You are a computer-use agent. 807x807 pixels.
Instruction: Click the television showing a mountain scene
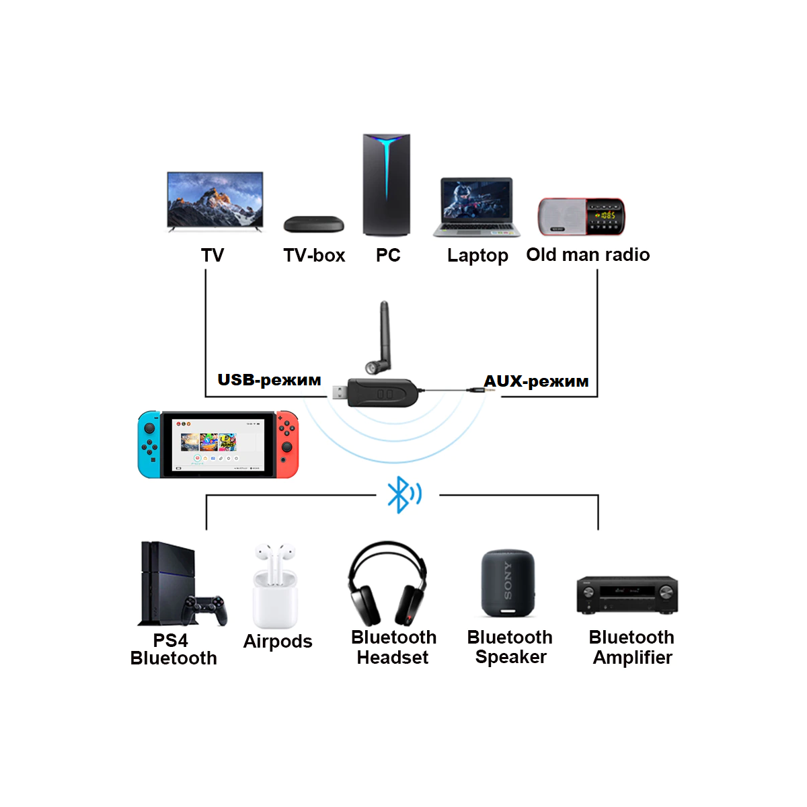pyautogui.click(x=215, y=202)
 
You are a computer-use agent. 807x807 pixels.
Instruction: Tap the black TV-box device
pyautogui.click(x=313, y=225)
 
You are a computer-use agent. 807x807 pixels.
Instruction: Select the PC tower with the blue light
pyautogui.click(x=387, y=185)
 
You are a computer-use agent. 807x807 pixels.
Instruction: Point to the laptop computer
pyautogui.click(x=477, y=207)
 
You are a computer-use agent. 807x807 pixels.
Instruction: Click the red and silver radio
pyautogui.click(x=581, y=217)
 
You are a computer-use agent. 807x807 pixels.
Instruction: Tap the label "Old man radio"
pyautogui.click(x=588, y=255)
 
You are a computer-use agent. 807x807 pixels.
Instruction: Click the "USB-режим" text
pyautogui.click(x=269, y=380)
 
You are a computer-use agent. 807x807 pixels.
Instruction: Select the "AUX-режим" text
pyautogui.click(x=536, y=381)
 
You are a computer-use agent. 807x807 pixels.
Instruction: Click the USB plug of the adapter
pyautogui.click(x=340, y=393)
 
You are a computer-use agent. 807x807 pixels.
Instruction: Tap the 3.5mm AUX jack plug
pyautogui.click(x=481, y=390)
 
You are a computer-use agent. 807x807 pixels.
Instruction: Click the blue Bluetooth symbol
pyautogui.click(x=404, y=494)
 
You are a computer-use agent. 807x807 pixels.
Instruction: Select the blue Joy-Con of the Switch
pyautogui.click(x=149, y=445)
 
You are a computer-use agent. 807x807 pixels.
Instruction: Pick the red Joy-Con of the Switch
pyautogui.click(x=287, y=445)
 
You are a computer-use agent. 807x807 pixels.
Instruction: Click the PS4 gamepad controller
pyautogui.click(x=204, y=611)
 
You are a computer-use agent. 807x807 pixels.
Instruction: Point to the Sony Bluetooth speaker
pyautogui.click(x=508, y=583)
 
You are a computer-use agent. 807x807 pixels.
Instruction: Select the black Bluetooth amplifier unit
pyautogui.click(x=627, y=594)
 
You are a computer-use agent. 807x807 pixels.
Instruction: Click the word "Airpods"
pyautogui.click(x=278, y=641)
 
